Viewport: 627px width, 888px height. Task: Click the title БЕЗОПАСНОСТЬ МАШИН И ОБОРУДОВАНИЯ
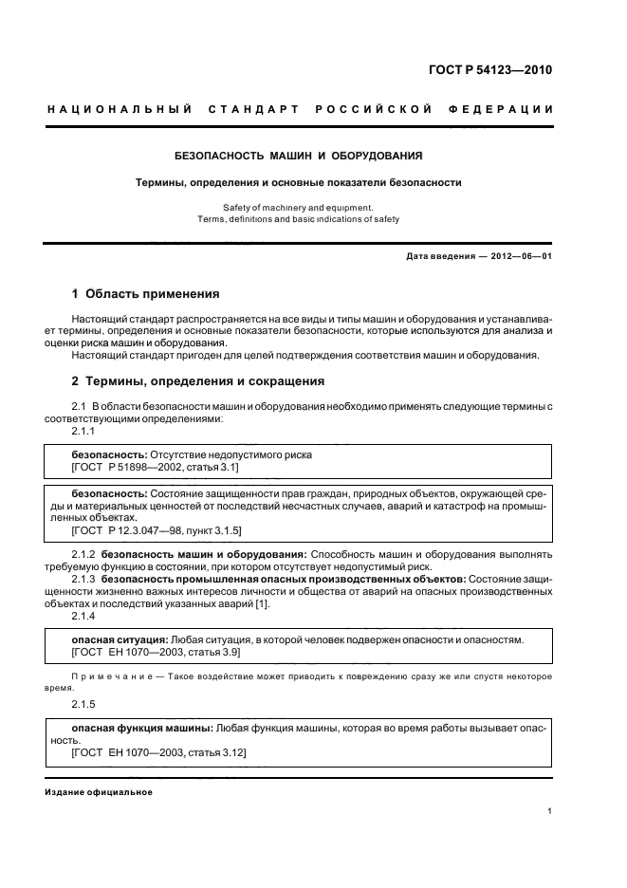click(299, 155)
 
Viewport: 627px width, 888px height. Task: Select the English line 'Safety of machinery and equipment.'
click(299, 207)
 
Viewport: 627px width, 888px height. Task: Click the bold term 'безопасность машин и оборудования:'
click(203, 552)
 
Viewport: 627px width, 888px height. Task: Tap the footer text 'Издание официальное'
click(99, 792)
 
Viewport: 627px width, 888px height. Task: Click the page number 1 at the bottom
click(550, 811)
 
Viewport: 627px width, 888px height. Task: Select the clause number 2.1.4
click(83, 618)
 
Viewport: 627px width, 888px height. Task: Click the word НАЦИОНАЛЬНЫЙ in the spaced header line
click(120, 109)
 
